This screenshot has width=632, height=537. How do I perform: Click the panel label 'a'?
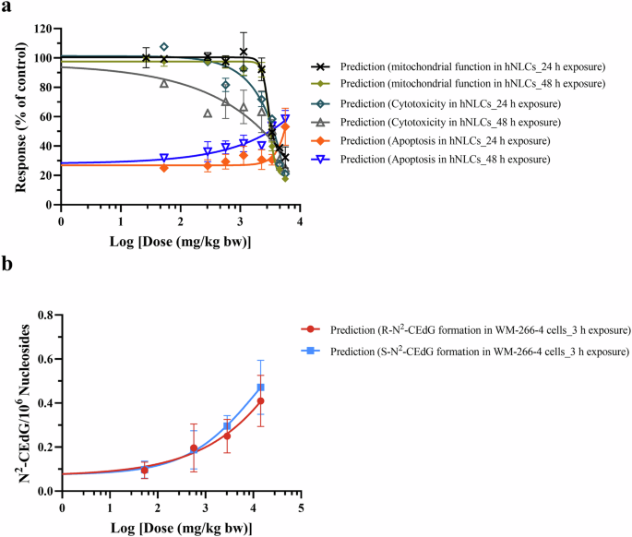click(6, 8)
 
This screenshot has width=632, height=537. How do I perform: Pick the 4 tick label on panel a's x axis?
click(300, 221)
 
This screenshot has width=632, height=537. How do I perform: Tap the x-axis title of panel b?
click(180, 526)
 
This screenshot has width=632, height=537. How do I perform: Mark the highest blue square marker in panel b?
click(261, 387)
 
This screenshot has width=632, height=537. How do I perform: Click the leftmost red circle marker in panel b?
click(145, 471)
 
